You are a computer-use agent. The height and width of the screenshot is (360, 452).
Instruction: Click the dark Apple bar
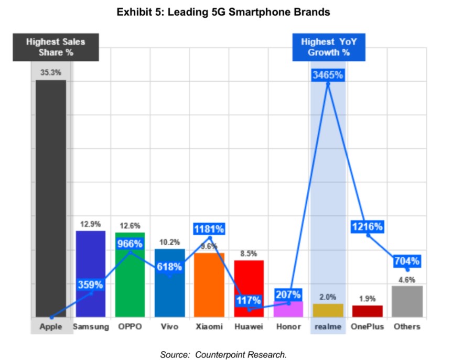tap(51, 199)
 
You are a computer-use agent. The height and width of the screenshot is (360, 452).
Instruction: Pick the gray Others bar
tap(407, 301)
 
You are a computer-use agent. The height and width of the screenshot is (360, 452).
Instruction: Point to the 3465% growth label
tap(328, 75)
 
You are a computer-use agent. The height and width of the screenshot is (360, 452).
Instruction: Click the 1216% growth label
tap(368, 227)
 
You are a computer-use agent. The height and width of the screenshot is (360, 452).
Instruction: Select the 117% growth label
tap(248, 301)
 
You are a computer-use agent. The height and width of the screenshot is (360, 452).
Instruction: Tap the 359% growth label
tap(90, 285)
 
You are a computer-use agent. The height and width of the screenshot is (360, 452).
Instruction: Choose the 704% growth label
tap(407, 261)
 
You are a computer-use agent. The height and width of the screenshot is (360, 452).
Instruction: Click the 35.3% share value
tap(51, 72)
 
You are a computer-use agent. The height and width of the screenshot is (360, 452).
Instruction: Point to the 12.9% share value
tap(90, 224)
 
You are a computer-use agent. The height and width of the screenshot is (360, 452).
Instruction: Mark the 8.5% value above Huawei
tap(248, 254)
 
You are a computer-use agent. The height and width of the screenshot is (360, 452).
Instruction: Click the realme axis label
tap(328, 326)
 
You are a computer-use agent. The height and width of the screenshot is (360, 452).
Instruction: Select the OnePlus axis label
tap(368, 326)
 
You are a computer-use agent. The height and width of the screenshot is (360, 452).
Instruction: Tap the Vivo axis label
tap(169, 326)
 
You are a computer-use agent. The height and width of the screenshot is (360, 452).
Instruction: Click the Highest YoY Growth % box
tap(328, 47)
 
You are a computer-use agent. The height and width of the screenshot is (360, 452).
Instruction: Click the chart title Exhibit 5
tap(223, 12)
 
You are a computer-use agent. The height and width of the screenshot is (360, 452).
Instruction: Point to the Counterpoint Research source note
tap(224, 354)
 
